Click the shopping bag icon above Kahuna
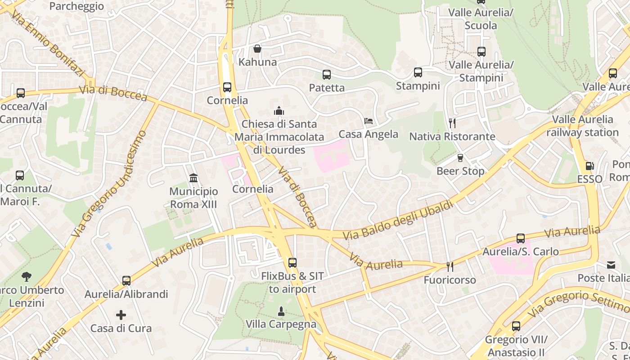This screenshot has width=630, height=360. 257,49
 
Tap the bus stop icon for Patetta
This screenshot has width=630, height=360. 327,75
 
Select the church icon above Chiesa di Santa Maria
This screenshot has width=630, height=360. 279,111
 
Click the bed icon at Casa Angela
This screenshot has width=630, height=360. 369,121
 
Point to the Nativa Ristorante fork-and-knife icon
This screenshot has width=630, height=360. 452,123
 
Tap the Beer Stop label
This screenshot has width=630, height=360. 460,171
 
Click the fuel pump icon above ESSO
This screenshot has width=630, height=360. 589,166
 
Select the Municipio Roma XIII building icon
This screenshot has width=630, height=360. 193,178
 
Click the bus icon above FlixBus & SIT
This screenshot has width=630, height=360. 292,263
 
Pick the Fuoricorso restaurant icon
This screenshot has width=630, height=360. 450,267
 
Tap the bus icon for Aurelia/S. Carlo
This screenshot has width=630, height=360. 521,238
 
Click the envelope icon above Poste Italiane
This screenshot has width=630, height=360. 611,265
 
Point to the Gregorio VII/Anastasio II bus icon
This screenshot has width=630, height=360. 516,326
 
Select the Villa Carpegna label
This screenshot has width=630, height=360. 281,324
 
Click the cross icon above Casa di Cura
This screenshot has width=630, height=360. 121,315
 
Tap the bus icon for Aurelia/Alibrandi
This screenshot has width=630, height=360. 126,281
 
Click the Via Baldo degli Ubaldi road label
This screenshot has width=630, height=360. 398,220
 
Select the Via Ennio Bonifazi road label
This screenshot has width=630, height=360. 48,44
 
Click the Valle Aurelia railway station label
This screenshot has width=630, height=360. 583,126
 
